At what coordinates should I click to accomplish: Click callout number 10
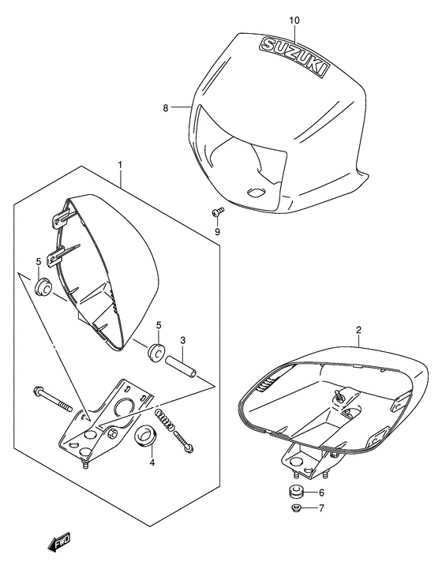click(294, 19)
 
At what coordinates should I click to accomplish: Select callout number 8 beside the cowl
click(167, 108)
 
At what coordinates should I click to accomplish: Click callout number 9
click(217, 231)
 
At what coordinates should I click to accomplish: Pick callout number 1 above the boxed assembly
click(120, 165)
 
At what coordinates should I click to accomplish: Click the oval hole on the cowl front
click(257, 192)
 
